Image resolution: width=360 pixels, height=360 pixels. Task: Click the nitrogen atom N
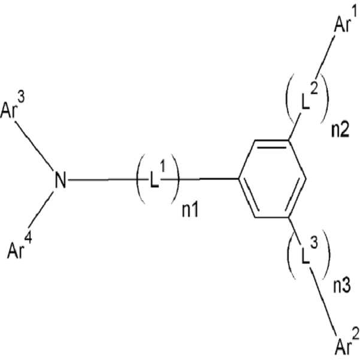(x=60, y=180)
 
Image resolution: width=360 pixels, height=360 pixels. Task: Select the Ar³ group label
(x=13, y=107)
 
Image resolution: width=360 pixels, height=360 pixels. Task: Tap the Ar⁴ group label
(x=20, y=247)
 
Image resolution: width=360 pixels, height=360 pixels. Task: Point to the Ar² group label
(x=347, y=343)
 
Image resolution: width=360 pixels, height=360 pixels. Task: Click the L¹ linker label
(x=158, y=175)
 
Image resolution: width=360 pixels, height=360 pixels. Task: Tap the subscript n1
(x=190, y=210)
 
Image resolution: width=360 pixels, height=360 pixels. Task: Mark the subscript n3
(x=342, y=286)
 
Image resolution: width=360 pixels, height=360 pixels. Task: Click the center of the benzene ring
(x=273, y=179)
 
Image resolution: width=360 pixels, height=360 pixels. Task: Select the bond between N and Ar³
(x=34, y=146)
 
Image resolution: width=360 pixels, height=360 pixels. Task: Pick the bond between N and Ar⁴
(x=40, y=209)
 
